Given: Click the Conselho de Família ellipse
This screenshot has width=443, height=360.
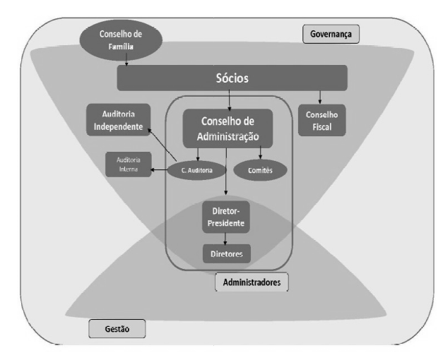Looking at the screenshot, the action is tap(121, 40).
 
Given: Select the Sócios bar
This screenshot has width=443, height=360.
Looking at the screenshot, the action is tap(232, 78).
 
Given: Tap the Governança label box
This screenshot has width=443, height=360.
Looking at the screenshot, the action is tap(331, 34).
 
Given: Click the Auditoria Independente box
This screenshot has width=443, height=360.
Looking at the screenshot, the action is tap(119, 120).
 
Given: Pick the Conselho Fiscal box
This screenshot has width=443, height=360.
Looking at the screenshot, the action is tap(321, 121).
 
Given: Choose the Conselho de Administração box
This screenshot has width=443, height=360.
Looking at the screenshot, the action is tap(228, 128).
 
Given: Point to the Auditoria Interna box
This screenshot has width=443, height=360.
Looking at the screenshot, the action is tap(129, 164).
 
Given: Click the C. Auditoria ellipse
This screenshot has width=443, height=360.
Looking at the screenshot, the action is tap(197, 170).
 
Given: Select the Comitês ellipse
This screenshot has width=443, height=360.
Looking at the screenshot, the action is tap(260, 170).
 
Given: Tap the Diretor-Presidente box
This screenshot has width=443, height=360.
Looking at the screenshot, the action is tap(226, 217).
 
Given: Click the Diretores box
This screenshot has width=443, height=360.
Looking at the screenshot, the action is tap(227, 254).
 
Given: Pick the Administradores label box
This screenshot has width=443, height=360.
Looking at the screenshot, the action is tap(252, 282).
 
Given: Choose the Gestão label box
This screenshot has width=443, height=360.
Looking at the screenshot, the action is tap(117, 329).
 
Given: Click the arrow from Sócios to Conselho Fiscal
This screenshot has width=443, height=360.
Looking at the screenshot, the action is tap(320, 97).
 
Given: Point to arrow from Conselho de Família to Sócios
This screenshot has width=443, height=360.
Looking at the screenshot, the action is tap(126, 60).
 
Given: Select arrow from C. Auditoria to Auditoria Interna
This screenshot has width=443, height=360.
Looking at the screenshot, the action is tap(159, 170).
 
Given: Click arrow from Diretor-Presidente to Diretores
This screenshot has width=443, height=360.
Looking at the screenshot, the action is tap(225, 239).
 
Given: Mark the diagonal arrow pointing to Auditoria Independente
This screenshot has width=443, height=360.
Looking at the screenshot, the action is tap(163, 145).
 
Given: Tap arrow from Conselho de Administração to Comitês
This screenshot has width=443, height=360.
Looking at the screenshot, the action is tap(260, 152).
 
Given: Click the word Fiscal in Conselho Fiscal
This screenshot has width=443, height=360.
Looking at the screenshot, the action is tap(322, 127).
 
